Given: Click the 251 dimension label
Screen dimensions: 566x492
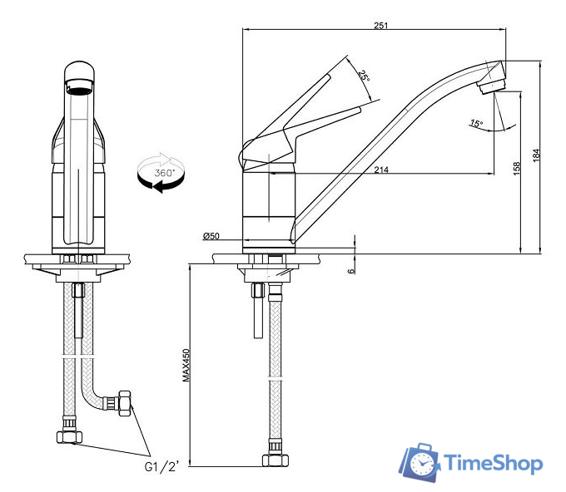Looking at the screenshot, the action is [x=381, y=25].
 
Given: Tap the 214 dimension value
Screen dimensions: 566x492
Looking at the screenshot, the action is [x=381, y=170].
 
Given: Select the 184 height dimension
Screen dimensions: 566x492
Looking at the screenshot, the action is [x=536, y=155].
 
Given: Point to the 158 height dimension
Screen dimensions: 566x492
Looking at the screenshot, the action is [x=517, y=169].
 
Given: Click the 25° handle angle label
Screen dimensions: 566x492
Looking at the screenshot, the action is [x=364, y=76].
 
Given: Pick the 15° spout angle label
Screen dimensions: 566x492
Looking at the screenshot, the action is [x=476, y=124].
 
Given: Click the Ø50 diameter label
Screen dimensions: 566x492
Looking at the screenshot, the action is [x=211, y=236].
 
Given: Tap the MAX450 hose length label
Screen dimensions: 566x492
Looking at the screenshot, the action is [x=186, y=365].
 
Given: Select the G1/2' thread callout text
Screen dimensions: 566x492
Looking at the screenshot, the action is [x=161, y=466].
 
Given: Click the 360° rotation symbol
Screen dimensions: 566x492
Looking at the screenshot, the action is [x=161, y=173].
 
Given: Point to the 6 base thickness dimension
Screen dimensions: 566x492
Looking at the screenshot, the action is [x=351, y=270].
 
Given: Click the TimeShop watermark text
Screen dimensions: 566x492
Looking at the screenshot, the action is [x=494, y=462].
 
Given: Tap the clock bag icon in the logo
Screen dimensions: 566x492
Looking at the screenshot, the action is [x=420, y=462].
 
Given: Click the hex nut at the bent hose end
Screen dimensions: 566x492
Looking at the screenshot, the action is [x=124, y=404].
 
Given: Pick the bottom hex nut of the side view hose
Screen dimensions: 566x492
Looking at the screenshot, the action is [x=276, y=460].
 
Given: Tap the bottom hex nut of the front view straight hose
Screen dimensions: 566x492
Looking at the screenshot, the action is [x=70, y=437].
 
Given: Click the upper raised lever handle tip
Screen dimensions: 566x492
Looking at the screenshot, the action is [x=329, y=76].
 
